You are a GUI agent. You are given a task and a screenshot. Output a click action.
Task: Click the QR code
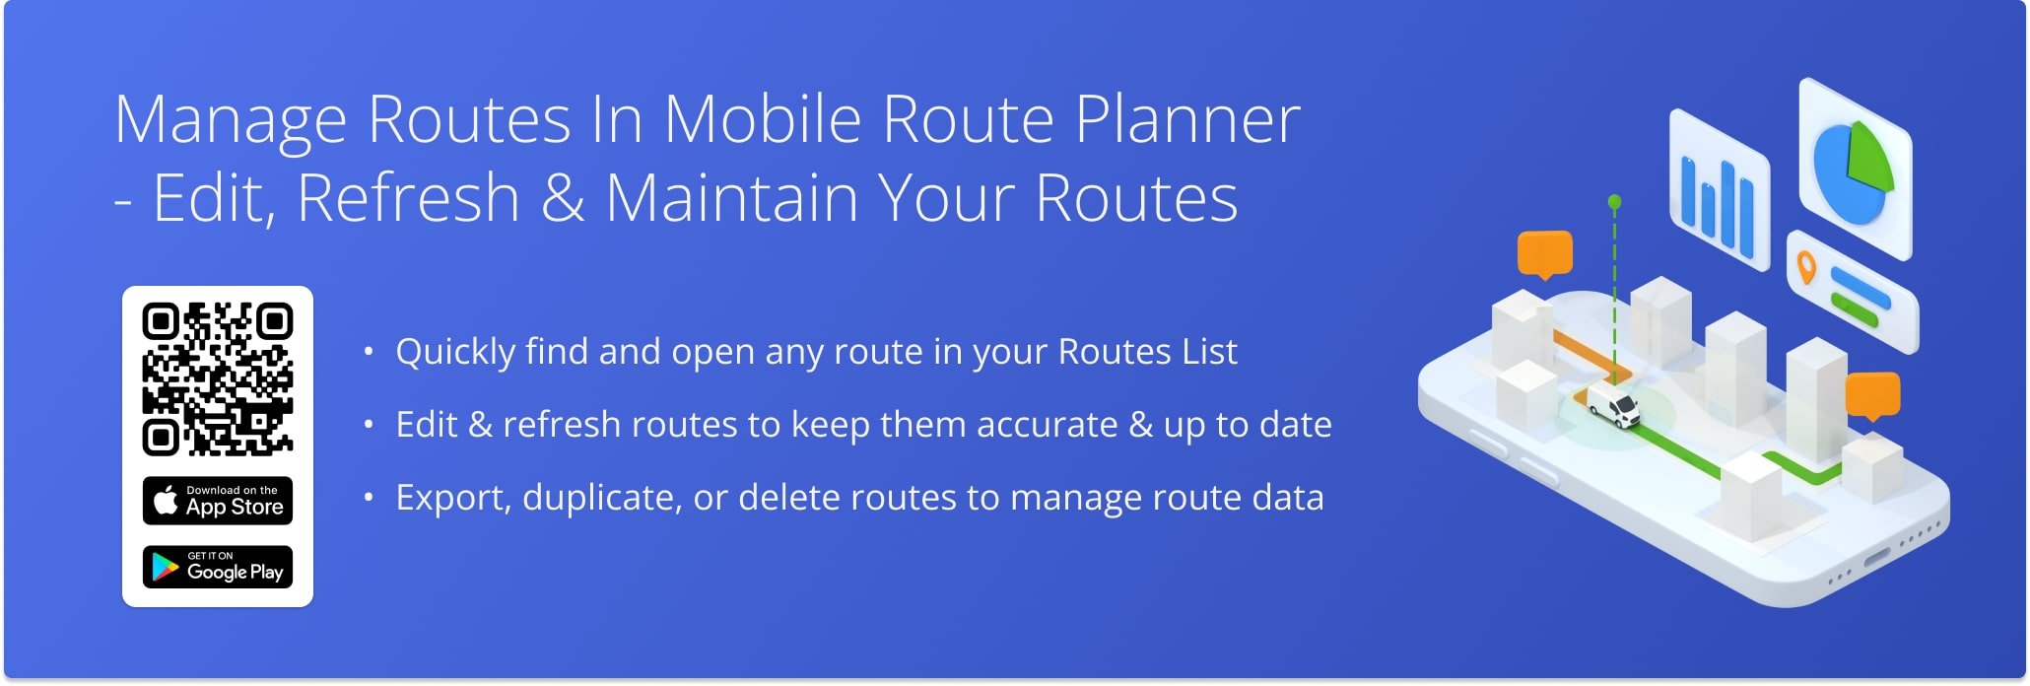tap(218, 379)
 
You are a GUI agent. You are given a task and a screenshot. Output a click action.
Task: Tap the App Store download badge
tap(218, 501)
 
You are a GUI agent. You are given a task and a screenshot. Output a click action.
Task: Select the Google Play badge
tap(218, 567)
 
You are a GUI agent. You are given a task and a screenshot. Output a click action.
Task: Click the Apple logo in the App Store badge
tap(166, 500)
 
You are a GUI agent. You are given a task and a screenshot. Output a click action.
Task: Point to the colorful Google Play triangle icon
tap(165, 567)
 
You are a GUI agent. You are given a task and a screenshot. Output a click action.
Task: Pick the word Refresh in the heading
tap(408, 197)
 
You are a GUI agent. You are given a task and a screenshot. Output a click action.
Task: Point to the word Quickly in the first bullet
tap(455, 353)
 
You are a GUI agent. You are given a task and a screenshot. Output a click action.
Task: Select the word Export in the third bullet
tap(452, 498)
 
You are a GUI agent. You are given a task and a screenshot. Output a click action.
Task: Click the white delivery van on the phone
tap(1612, 404)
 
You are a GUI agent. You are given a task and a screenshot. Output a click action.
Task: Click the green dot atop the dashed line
tap(1614, 202)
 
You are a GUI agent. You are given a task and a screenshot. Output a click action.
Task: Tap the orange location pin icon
tap(1806, 267)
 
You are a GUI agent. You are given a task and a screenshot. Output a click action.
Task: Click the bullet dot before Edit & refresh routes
tap(369, 425)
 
